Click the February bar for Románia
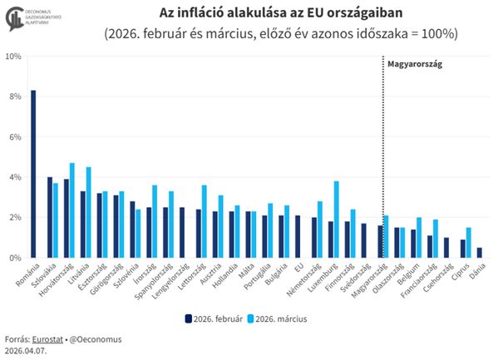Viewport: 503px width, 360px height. click(x=33, y=174)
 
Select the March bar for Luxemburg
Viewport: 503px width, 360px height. click(x=337, y=219)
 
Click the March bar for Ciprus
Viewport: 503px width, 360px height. click(x=468, y=243)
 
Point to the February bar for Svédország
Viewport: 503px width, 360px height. click(x=364, y=240)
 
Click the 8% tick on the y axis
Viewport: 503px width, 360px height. click(x=15, y=96)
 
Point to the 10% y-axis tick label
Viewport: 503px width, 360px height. click(x=13, y=57)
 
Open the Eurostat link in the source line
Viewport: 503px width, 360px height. click(x=46, y=340)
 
